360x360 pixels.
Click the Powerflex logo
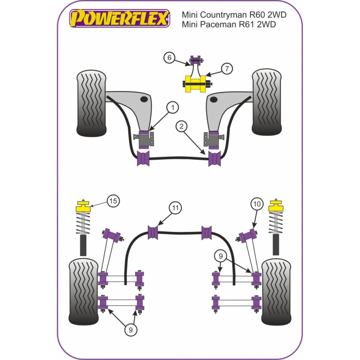[x=120, y=18]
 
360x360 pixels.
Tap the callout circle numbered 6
[x=169, y=58]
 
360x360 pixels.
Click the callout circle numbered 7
[x=227, y=69]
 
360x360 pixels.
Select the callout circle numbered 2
[x=181, y=127]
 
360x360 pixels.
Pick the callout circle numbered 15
[x=113, y=201]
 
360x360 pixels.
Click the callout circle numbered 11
[x=175, y=208]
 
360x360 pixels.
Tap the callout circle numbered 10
[x=257, y=204]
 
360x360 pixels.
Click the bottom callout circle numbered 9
[x=131, y=330]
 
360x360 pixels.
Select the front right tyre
[x=267, y=103]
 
